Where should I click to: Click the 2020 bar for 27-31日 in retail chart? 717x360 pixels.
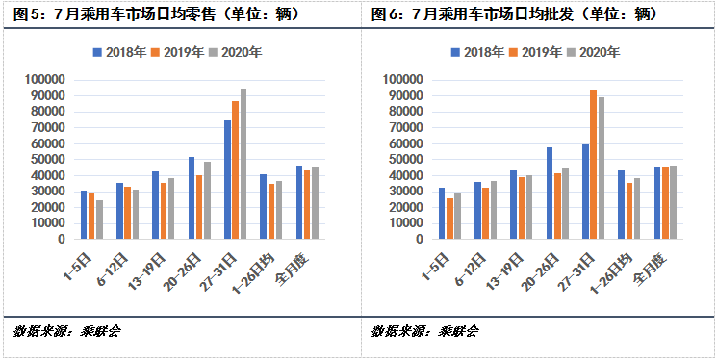(243, 164)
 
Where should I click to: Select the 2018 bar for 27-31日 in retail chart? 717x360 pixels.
(228, 179)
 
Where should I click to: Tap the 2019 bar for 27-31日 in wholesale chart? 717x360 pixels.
(593, 164)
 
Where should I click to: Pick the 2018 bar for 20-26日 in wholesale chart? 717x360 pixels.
(550, 193)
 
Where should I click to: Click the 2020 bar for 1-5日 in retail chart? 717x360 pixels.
(99, 219)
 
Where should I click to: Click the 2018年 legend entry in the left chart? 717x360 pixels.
(115, 52)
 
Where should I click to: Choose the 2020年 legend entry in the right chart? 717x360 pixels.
(594, 52)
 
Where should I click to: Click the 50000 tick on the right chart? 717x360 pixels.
(404, 159)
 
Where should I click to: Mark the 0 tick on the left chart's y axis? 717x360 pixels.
(60, 239)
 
